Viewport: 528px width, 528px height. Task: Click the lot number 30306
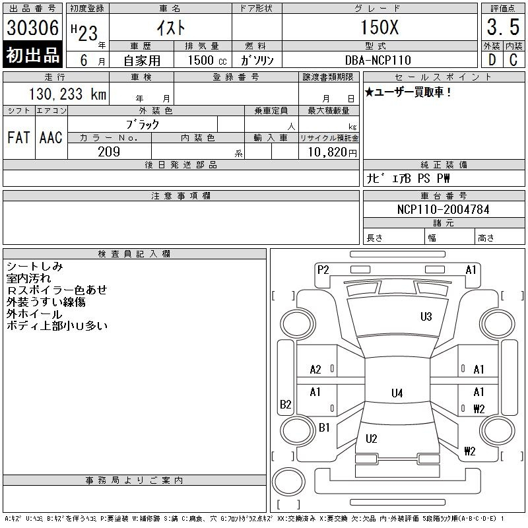point(33,28)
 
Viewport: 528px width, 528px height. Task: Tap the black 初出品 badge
point(33,55)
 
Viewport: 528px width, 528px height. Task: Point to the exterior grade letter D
point(492,59)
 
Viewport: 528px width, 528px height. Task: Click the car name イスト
point(170,28)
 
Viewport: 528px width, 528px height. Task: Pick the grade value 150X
point(379,28)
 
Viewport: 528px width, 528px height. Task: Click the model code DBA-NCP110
point(379,60)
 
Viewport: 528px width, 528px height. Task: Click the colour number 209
point(109,151)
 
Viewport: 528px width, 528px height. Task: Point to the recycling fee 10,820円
point(328,152)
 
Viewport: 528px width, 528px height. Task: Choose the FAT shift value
point(18,137)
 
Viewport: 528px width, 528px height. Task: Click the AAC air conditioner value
point(51,137)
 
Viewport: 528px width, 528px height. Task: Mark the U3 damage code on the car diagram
point(426,317)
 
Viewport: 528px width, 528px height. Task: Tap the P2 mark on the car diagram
point(323,269)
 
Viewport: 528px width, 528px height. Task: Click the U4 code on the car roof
point(397,393)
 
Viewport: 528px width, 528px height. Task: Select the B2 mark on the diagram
point(286,405)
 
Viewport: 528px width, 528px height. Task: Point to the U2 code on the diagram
point(371,438)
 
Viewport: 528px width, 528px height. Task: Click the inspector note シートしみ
point(34,266)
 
